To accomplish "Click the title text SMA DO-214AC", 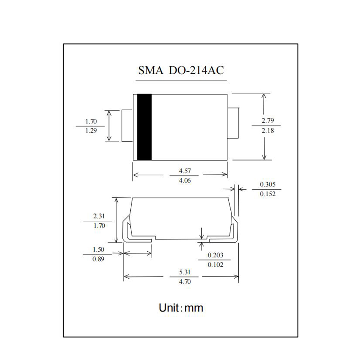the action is point(181,70).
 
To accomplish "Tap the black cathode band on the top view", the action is point(144,127).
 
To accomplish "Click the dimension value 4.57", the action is point(185,171).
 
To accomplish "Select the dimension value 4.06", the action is point(185,180).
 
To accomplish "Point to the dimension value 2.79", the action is point(268,121).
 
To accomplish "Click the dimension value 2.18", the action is point(268,130).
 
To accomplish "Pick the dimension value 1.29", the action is point(91,130).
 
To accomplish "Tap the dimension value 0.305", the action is point(268,184).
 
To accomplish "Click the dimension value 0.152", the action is point(268,194).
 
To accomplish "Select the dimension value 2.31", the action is point(99,216).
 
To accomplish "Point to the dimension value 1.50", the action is point(98,249).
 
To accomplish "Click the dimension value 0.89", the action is point(98,259).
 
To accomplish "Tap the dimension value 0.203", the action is point(215,255).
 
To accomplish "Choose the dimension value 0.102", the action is point(215,265).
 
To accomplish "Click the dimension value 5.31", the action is point(185,272).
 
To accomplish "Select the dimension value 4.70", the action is point(185,282).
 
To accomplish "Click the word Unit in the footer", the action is point(169,307).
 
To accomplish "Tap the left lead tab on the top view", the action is point(127,126).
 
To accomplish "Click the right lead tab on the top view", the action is point(233,123).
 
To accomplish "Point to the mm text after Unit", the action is point(194,309).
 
